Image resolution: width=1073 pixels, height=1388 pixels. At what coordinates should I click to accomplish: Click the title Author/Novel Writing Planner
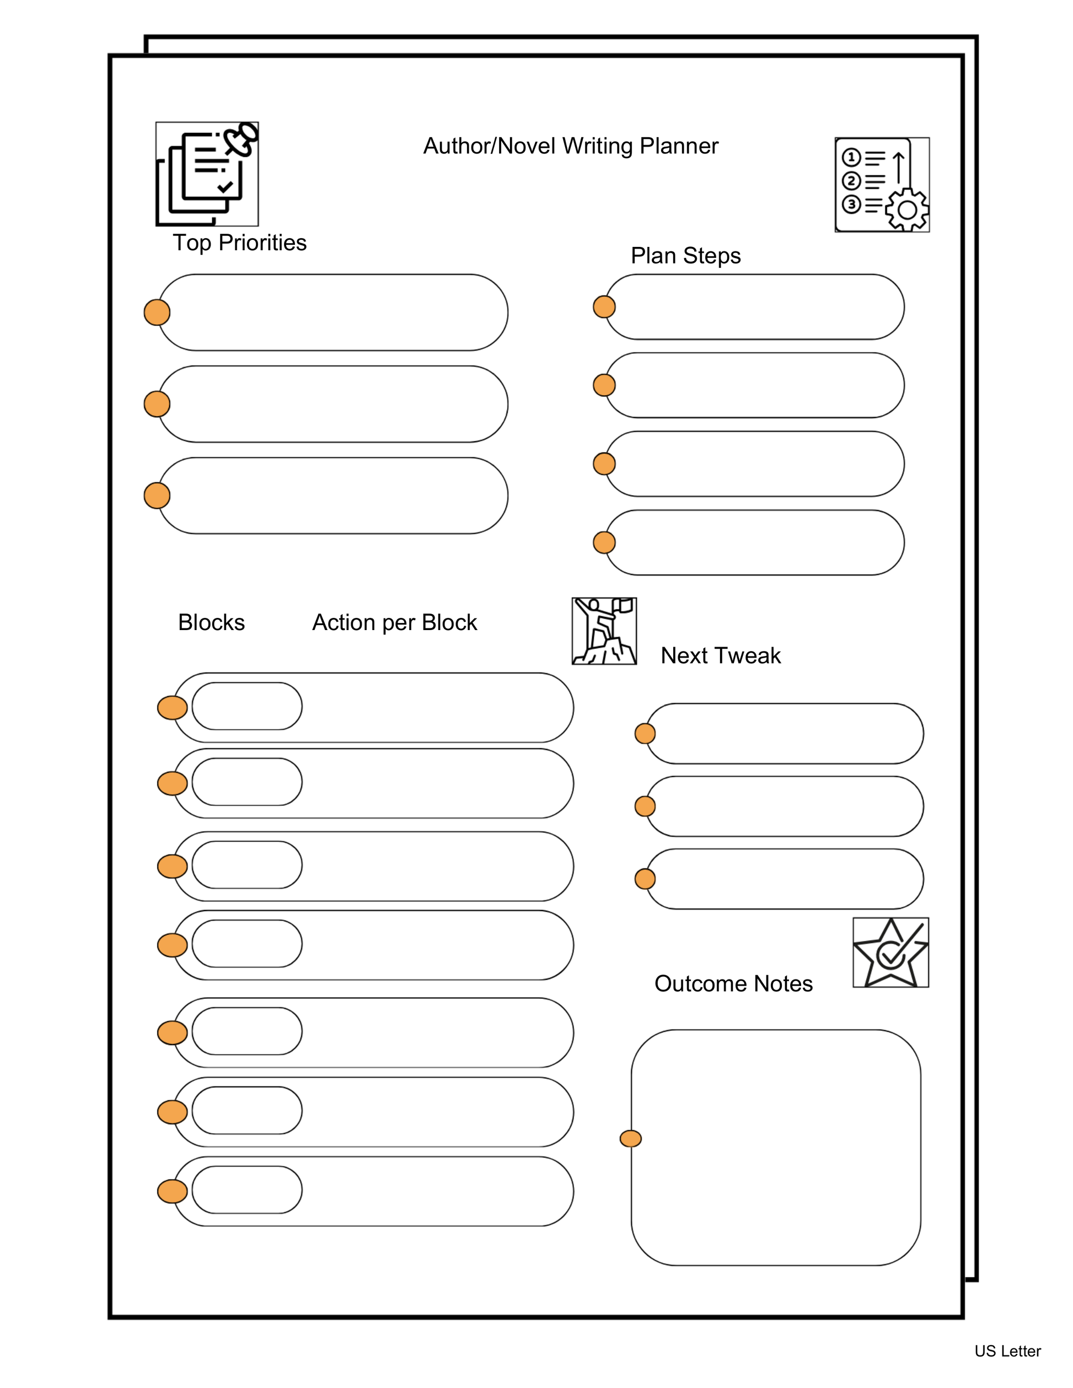click(x=570, y=146)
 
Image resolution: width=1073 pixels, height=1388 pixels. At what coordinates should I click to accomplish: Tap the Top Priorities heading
click(x=240, y=243)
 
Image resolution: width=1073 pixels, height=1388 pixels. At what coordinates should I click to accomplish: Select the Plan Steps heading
click(x=685, y=255)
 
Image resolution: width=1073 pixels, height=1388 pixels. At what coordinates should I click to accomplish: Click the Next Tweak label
click(x=720, y=655)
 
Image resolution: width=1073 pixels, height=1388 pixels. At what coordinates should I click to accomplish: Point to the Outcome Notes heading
click(x=733, y=983)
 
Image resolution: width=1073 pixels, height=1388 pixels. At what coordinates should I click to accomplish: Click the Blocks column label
click(x=211, y=622)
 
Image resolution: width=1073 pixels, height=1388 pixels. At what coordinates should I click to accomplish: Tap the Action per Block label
click(x=394, y=622)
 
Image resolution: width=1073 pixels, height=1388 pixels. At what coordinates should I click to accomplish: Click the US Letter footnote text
click(x=1007, y=1351)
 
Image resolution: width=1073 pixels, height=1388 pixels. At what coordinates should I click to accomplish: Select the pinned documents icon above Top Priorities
click(x=207, y=174)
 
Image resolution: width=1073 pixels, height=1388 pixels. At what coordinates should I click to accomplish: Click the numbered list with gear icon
click(x=882, y=184)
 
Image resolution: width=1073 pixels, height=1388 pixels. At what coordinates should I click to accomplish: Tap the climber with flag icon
click(x=604, y=631)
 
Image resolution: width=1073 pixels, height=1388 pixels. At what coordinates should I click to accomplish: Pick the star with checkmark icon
click(x=890, y=952)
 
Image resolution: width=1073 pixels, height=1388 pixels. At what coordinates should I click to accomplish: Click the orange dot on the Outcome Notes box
click(x=630, y=1138)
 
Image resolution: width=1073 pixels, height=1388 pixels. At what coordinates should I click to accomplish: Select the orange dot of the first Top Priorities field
click(x=157, y=312)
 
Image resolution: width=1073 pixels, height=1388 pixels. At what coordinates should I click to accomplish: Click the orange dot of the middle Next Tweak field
click(x=645, y=806)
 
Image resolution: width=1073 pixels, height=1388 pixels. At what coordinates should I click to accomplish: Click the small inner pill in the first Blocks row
click(x=246, y=706)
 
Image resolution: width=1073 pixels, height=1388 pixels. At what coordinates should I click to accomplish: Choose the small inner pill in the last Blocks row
click(x=246, y=1190)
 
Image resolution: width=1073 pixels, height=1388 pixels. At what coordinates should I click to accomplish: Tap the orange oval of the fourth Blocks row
click(x=172, y=945)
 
